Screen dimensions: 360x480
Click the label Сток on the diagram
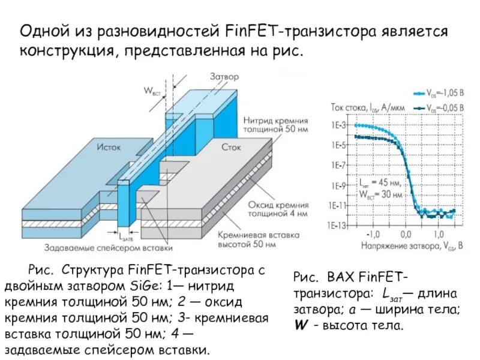(231, 146)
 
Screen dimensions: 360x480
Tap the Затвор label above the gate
(224, 77)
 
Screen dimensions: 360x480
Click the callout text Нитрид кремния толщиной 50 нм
(275, 125)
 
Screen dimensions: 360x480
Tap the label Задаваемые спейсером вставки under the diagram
(108, 247)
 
